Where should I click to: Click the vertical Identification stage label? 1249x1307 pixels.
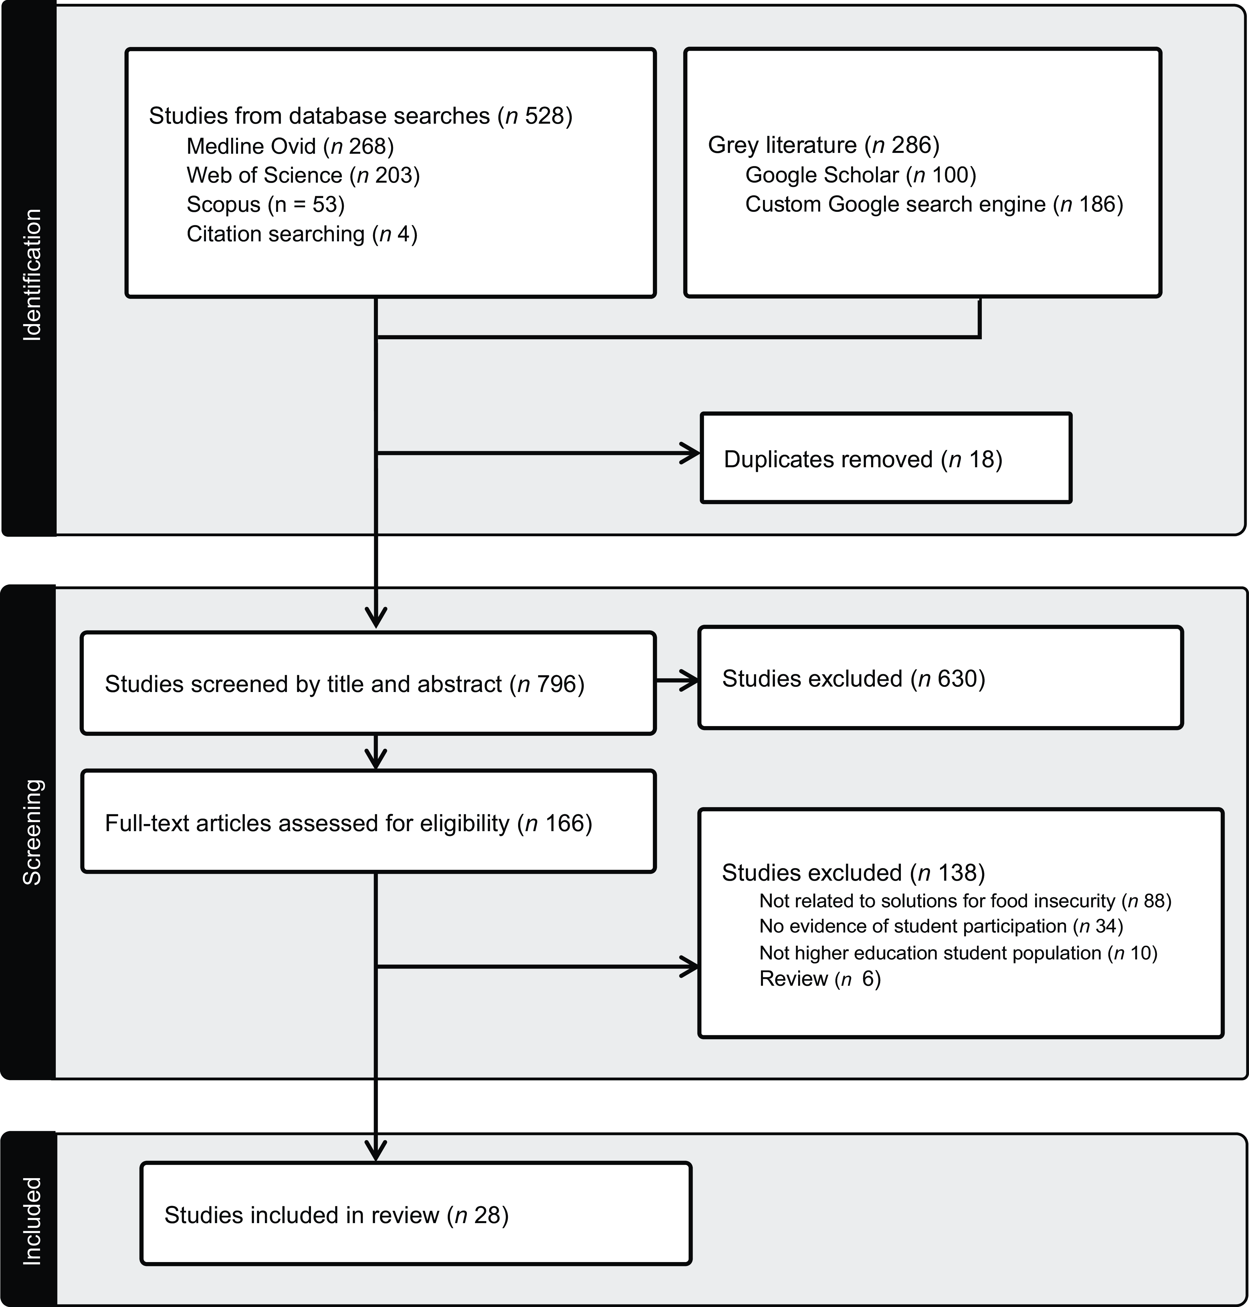(32, 275)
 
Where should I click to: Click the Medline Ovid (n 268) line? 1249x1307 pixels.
(290, 146)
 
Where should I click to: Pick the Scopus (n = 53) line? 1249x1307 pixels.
(266, 204)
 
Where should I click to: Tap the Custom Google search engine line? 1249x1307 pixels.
(934, 204)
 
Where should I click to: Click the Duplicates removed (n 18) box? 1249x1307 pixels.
(886, 458)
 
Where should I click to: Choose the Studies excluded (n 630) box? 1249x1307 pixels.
(941, 677)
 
